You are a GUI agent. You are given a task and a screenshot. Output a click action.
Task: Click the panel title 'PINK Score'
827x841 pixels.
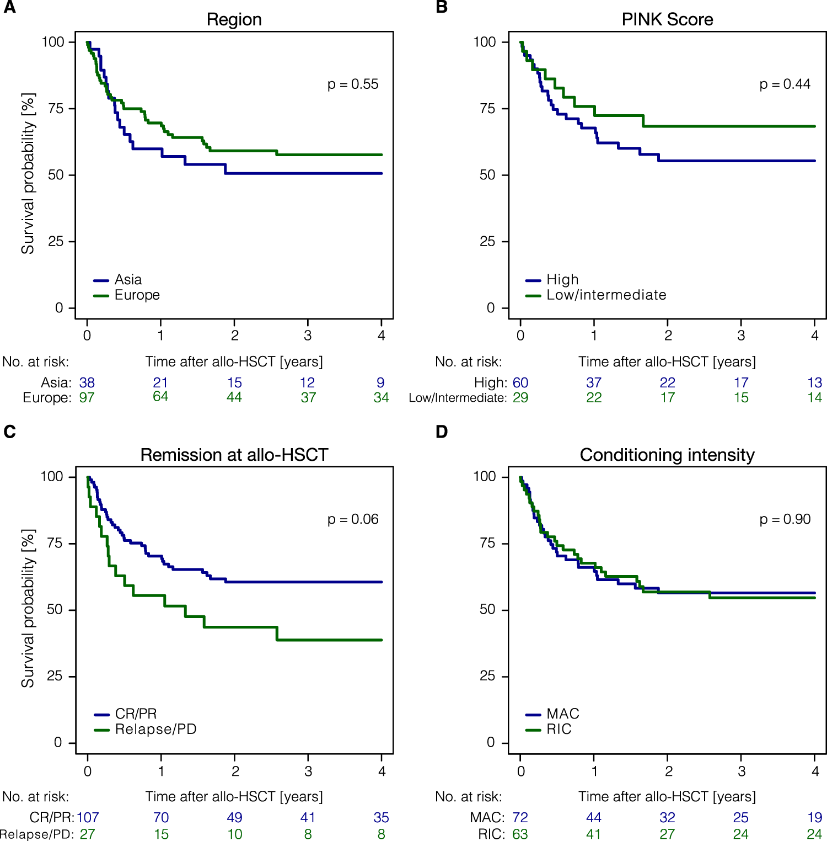click(667, 19)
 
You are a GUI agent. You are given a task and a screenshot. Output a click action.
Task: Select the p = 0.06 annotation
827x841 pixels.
click(353, 519)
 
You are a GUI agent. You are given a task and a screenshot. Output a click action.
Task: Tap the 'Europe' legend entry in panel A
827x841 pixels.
click(137, 295)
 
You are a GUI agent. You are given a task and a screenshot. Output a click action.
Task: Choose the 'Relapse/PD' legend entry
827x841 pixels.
click(155, 730)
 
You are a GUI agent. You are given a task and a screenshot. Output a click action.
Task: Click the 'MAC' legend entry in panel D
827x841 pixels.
click(562, 714)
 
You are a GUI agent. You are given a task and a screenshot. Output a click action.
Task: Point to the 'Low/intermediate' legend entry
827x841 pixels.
click(606, 295)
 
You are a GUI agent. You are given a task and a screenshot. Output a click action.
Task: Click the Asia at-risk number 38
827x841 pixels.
click(87, 382)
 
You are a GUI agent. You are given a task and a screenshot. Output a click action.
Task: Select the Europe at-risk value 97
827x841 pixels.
click(87, 397)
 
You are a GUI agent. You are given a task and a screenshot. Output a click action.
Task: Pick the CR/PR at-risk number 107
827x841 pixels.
click(88, 817)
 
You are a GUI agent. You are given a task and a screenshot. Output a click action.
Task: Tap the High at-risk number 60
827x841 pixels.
click(520, 382)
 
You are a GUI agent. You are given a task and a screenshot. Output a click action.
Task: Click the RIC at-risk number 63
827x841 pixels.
click(520, 834)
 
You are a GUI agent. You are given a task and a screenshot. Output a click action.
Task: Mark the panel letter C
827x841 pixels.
click(9, 432)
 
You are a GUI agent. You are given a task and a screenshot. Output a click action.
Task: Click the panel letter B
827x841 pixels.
click(442, 7)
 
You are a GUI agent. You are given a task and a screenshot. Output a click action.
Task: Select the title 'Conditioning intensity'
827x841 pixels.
click(667, 455)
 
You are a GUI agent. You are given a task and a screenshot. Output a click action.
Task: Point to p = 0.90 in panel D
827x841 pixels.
click(785, 519)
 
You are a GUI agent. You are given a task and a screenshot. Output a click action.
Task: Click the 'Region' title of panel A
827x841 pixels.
click(234, 19)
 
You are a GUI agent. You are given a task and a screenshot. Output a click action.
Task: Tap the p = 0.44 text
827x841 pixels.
click(785, 84)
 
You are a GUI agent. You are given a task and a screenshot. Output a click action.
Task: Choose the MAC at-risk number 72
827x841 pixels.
click(520, 817)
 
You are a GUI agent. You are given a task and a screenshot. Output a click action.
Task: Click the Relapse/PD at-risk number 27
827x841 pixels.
click(87, 834)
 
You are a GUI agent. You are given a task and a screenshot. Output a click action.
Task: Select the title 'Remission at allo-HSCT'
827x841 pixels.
click(234, 455)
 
